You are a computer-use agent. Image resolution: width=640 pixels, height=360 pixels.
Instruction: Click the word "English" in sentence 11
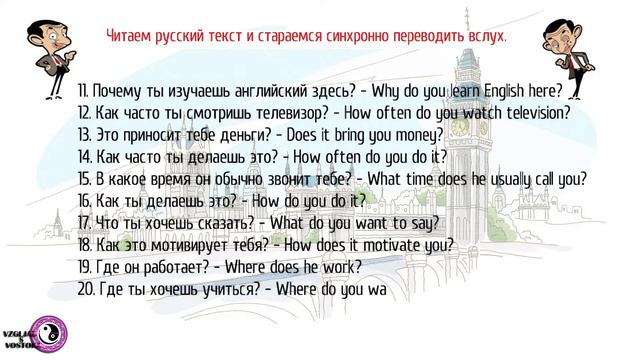click(x=494, y=90)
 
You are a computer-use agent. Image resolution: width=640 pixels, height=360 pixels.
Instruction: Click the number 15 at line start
click(x=84, y=178)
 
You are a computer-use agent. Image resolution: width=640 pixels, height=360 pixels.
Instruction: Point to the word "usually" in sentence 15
click(x=512, y=178)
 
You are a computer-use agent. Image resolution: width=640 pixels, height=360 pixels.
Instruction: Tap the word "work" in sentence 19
click(x=341, y=266)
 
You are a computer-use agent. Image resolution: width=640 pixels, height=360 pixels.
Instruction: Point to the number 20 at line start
click(x=85, y=288)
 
